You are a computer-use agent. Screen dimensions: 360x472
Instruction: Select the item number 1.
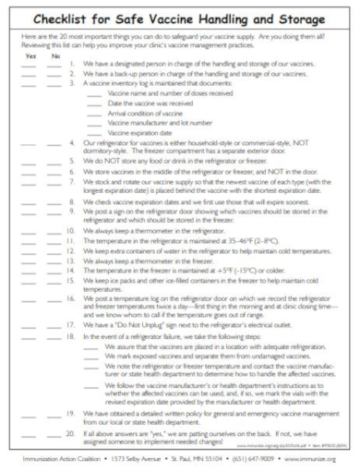tap(72, 64)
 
